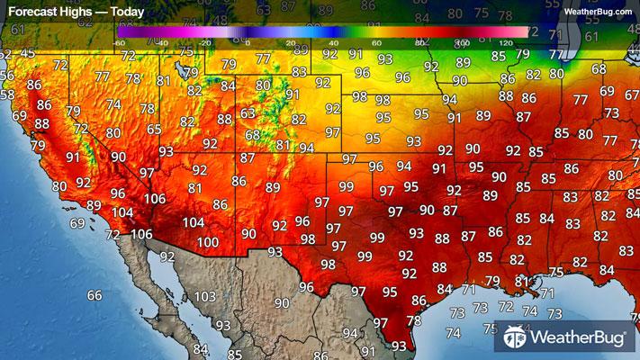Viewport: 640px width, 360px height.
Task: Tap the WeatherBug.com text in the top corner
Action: point(598,11)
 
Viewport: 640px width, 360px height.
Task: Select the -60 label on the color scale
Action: point(119,42)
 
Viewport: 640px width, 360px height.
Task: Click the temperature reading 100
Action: point(208,242)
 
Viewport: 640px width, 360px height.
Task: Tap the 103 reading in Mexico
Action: point(205,296)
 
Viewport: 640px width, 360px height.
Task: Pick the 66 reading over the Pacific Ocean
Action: point(95,295)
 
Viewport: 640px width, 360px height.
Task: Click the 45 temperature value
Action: point(28,53)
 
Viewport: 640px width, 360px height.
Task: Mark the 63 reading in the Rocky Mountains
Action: point(248,113)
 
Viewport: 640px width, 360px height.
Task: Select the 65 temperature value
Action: point(155,130)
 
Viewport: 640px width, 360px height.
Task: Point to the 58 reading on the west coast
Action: point(8,94)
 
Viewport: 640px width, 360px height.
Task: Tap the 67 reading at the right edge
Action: point(631,92)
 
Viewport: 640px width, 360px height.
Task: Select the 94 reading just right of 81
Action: point(307,148)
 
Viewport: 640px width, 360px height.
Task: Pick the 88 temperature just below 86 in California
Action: point(41,123)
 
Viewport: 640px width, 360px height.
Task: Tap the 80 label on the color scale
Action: point(420,42)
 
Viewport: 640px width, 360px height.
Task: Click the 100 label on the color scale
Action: point(462,42)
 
